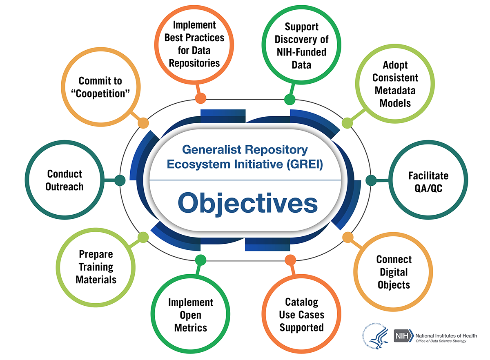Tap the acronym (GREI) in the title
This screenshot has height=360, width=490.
tap(305, 164)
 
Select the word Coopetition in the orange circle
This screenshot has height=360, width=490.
tap(100, 93)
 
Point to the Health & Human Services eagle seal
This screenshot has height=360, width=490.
tap(375, 336)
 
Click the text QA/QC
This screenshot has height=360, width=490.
tap(428, 188)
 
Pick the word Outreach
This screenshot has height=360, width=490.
tap(65, 187)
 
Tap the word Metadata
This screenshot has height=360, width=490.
tap(395, 90)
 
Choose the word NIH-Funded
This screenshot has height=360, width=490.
tap(301, 52)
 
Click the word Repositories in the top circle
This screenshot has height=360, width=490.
tap(194, 63)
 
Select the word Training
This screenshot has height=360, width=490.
tap(96, 267)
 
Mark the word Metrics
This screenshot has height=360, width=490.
tap(191, 328)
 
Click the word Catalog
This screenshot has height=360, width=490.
tap(302, 302)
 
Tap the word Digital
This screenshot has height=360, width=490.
tap(394, 272)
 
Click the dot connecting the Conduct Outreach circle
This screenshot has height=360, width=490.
tap(120, 180)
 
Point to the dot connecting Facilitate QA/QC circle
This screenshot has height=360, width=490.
tap(371, 180)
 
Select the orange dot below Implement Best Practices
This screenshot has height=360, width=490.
tap(200, 98)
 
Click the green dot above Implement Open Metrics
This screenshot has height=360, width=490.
tap(200, 260)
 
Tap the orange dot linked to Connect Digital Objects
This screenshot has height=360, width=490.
tap(348, 238)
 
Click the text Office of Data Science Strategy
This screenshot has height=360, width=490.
tap(441, 341)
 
